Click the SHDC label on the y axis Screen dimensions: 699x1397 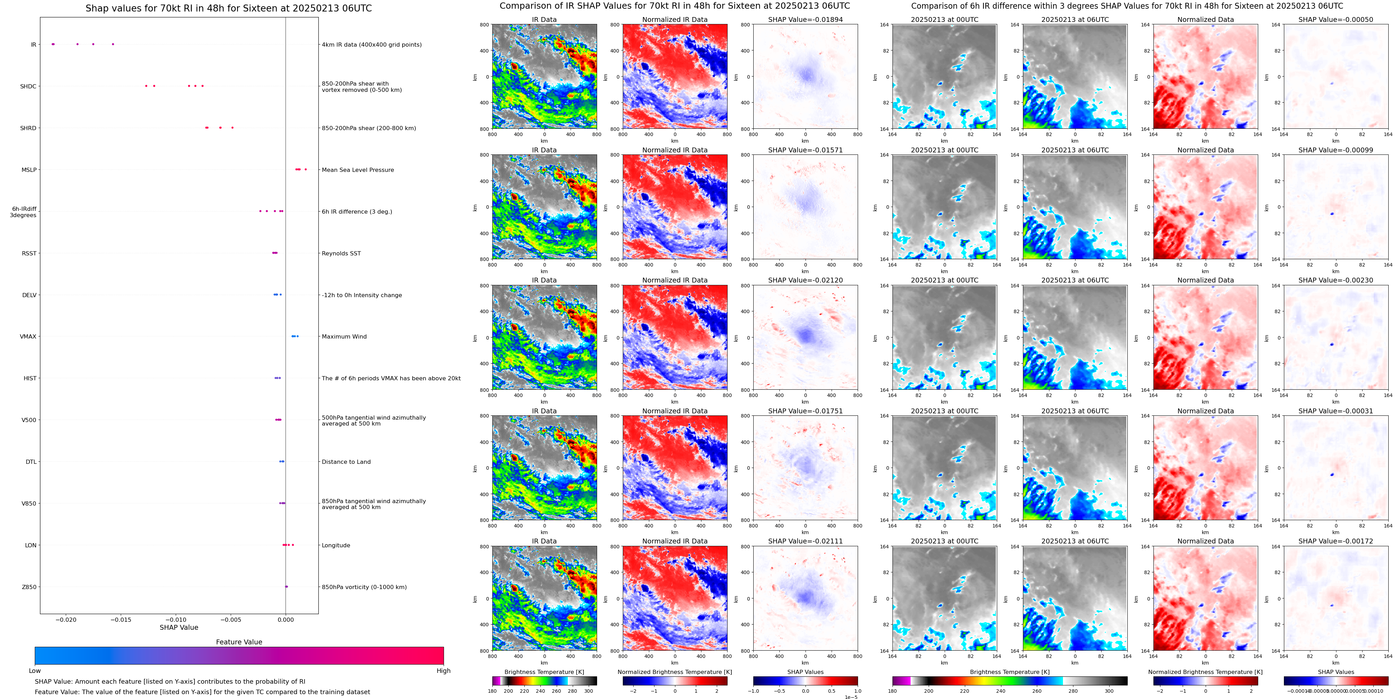28,86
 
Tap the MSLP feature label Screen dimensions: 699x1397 29,170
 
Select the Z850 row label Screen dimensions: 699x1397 29,587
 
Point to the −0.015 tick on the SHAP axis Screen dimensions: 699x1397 121,619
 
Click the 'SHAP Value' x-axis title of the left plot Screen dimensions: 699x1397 179,627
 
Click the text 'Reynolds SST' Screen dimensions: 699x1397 341,253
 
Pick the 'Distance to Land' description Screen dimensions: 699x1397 346,462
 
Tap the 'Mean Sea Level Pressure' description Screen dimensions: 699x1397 358,170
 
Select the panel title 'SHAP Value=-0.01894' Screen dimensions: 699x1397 805,19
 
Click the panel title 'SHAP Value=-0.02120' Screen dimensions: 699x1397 805,280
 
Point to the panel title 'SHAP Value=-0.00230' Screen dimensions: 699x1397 1336,280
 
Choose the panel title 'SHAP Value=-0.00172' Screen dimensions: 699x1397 1336,541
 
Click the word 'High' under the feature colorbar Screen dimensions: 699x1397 444,671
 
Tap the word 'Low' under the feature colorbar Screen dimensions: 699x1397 35,671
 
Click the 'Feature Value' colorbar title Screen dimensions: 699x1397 239,642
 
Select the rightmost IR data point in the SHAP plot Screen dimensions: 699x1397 113,44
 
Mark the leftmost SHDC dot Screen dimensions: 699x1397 146,86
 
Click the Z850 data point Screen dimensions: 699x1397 286,587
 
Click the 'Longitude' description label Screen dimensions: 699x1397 336,546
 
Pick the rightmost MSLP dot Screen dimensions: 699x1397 306,169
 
